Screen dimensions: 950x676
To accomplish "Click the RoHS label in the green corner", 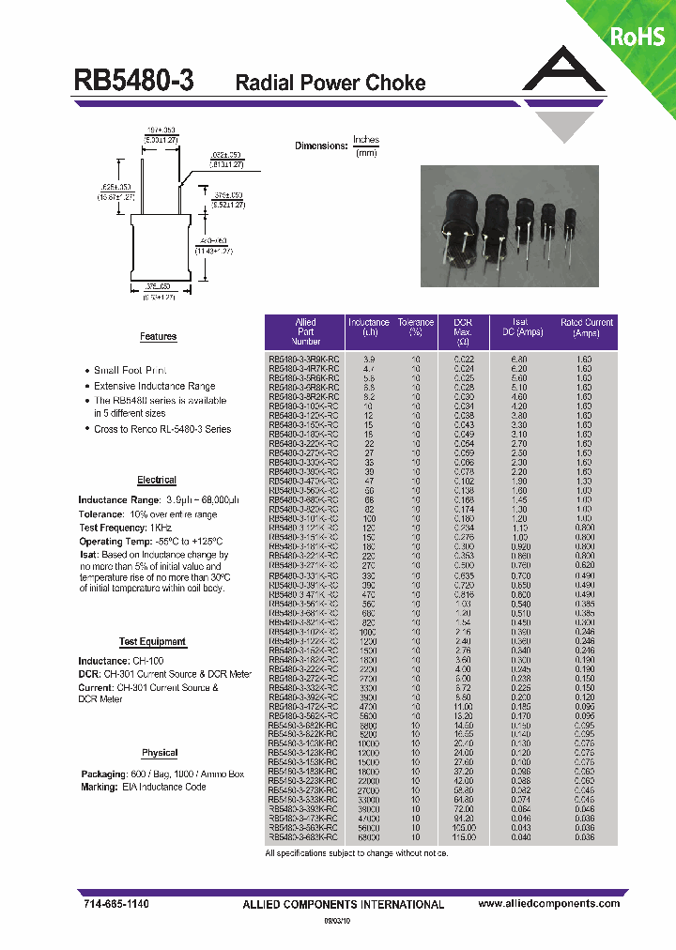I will click(638, 37).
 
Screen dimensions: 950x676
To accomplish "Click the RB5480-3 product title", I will click(134, 82).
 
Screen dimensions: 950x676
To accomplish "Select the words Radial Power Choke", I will click(330, 83).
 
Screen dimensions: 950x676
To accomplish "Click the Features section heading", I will click(158, 336).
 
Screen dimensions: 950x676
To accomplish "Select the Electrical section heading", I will click(157, 480).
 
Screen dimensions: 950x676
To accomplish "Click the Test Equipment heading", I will click(152, 641).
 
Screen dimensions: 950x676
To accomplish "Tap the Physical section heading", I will click(160, 753).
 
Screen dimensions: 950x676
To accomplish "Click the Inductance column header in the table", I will click(369, 328).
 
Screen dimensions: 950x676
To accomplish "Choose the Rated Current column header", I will click(587, 328).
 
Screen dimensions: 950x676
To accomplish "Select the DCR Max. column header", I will click(463, 332).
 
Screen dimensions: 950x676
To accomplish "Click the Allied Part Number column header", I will click(306, 332).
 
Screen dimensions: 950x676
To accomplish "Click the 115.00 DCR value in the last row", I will click(462, 836).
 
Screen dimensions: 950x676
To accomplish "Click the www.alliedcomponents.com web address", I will click(548, 903).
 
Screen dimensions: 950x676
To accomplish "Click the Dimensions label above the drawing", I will click(321, 146).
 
